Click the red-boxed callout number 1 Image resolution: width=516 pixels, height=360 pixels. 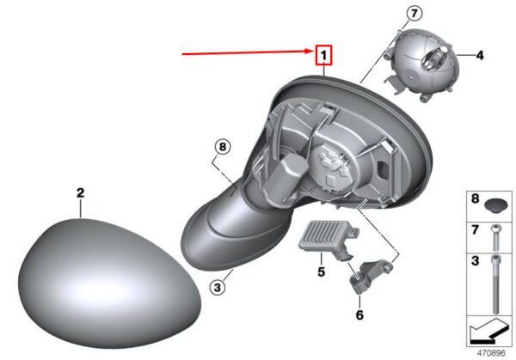[x=324, y=55]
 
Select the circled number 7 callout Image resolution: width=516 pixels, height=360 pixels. [x=414, y=14]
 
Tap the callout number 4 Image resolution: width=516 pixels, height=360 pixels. [x=480, y=55]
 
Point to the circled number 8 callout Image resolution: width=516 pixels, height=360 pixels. [x=223, y=147]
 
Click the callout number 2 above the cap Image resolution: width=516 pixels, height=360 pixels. [x=81, y=192]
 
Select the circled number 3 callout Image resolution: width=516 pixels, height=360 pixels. [x=218, y=288]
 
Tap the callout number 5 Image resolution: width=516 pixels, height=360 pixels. [x=321, y=272]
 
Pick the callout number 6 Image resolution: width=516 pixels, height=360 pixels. [x=359, y=314]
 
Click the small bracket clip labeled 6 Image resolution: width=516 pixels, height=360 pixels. [x=370, y=276]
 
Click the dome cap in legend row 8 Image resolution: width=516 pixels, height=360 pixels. [x=496, y=206]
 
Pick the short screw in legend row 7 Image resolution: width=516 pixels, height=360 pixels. [x=495, y=238]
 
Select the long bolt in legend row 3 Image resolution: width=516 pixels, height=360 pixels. [x=495, y=284]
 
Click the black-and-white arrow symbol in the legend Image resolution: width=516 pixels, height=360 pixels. [x=489, y=332]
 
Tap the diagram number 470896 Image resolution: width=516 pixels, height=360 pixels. [x=491, y=353]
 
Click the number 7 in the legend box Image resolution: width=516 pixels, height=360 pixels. [x=475, y=229]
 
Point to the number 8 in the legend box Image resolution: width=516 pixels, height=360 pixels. [x=475, y=198]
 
